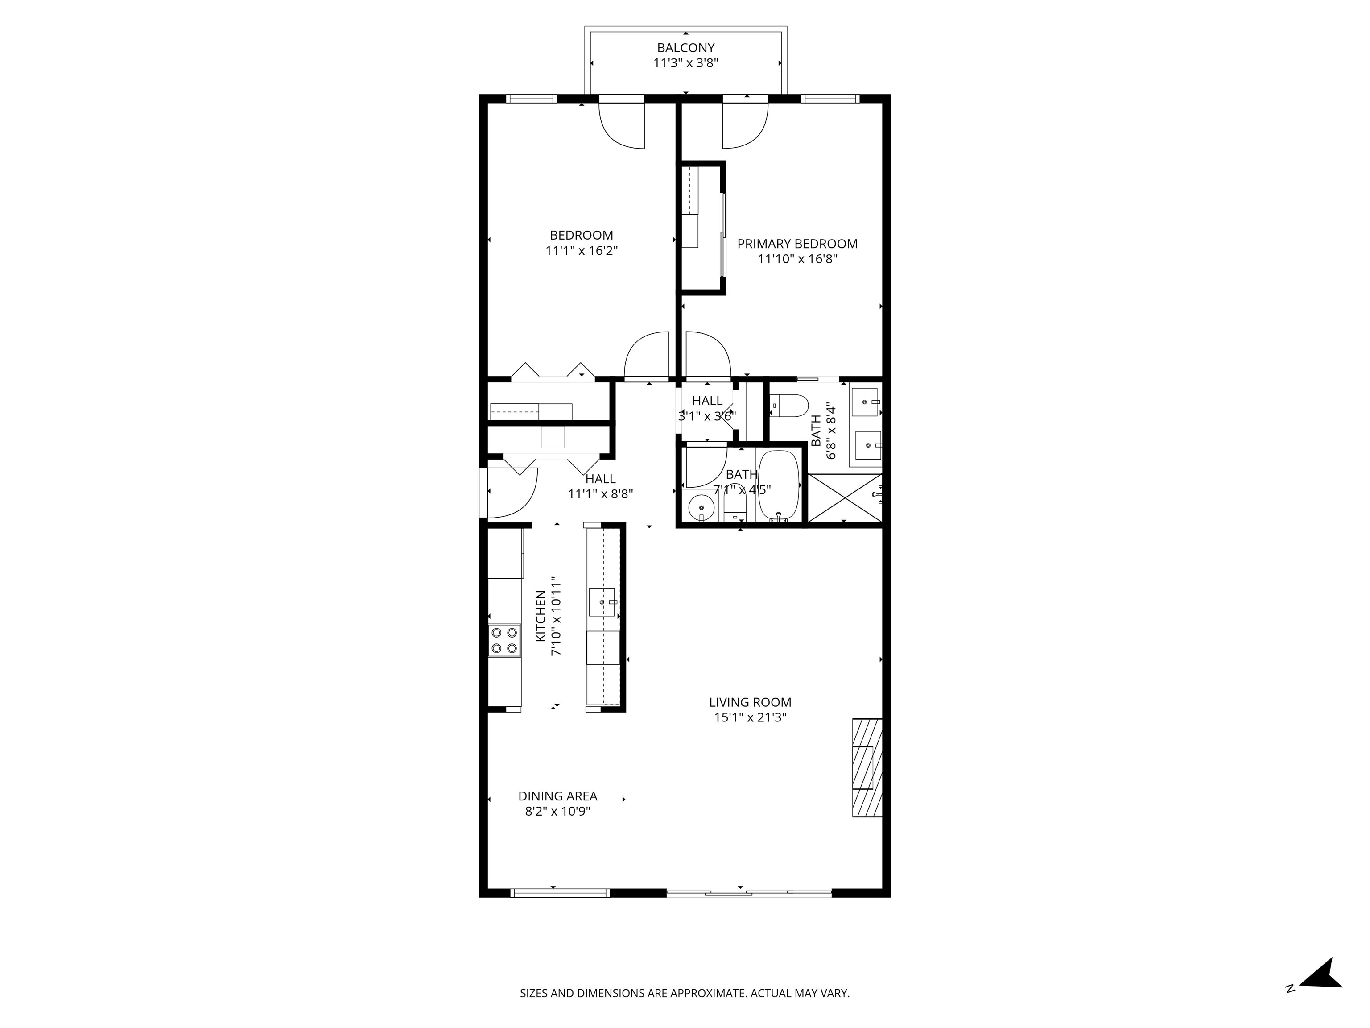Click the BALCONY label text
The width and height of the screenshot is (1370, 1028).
[x=685, y=48]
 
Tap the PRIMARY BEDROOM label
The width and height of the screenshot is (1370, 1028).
[x=797, y=244]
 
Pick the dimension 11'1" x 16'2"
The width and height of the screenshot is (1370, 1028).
[x=582, y=251]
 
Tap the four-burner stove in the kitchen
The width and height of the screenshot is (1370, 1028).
[x=504, y=641]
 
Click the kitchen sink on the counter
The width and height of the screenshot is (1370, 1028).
[x=602, y=602]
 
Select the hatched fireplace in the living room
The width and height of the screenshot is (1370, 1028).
[x=867, y=768]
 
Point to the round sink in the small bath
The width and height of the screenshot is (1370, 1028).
[x=701, y=507]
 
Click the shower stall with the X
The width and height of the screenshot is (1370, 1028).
[x=845, y=499]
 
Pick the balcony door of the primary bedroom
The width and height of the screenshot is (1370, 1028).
[x=746, y=123]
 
